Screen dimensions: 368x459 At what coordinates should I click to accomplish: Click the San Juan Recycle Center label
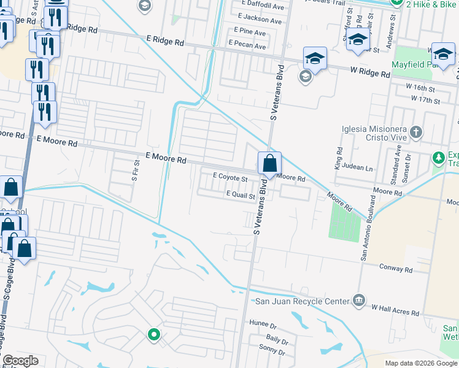[301, 301]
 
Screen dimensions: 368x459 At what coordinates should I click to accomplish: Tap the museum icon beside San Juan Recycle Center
[360, 301]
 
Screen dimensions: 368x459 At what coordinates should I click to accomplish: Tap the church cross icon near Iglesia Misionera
[416, 132]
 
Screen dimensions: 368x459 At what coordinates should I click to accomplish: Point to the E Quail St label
[241, 194]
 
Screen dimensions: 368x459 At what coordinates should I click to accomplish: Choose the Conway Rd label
[396, 269]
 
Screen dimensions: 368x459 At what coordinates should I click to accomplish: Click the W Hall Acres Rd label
[395, 309]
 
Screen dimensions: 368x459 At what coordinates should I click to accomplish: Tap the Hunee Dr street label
[264, 323]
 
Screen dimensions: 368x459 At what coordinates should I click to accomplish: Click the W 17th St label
[425, 99]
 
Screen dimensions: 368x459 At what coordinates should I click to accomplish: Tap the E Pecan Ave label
[247, 46]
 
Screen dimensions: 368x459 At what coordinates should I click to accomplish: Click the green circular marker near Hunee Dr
[153, 335]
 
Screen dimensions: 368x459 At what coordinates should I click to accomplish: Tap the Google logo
[20, 361]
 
